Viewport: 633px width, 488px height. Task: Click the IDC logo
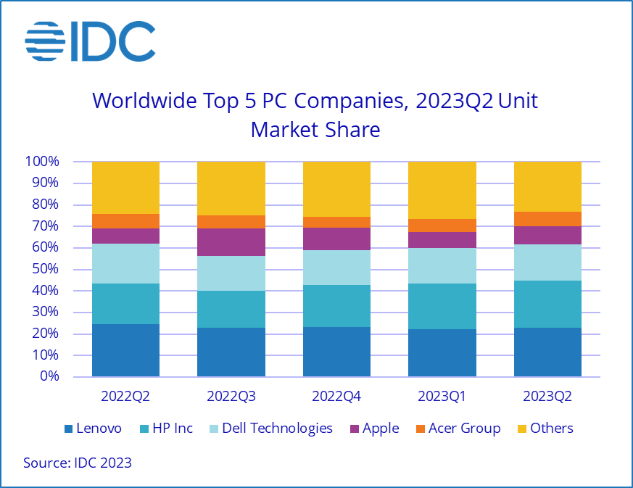coord(90,41)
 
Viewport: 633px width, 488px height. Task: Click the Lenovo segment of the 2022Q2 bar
coord(125,350)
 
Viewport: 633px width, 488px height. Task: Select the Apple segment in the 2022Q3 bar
coord(231,242)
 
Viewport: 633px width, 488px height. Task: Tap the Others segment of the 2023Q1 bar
coord(442,190)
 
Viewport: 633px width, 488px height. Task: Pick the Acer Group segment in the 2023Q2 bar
coord(547,219)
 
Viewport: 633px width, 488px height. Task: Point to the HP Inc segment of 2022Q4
coord(336,306)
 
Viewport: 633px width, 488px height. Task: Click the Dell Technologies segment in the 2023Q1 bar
coord(442,265)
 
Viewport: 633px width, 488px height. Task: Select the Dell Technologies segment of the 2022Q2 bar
coord(125,263)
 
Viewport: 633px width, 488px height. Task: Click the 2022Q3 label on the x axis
coord(231,397)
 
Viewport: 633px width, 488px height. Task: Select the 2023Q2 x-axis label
coord(547,397)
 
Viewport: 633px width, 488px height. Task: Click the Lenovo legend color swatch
coord(69,429)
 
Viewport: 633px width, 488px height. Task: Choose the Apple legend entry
coord(373,429)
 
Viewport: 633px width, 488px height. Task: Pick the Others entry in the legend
coord(544,429)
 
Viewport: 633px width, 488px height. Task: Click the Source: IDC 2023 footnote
coord(78,463)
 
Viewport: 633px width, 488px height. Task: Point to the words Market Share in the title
coord(315,130)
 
